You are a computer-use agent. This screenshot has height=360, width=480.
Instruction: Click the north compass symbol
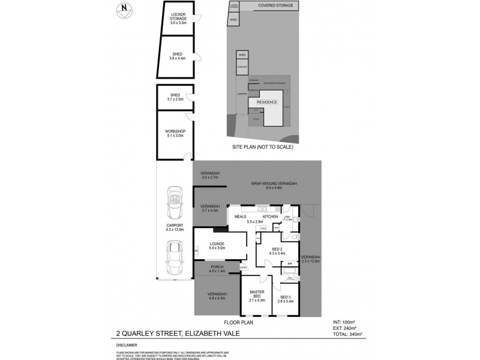click(124, 8)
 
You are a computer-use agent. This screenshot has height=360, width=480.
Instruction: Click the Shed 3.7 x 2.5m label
click(175, 97)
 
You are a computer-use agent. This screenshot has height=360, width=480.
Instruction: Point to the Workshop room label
click(175, 134)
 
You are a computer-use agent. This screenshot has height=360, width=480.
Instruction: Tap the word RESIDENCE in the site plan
click(267, 103)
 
